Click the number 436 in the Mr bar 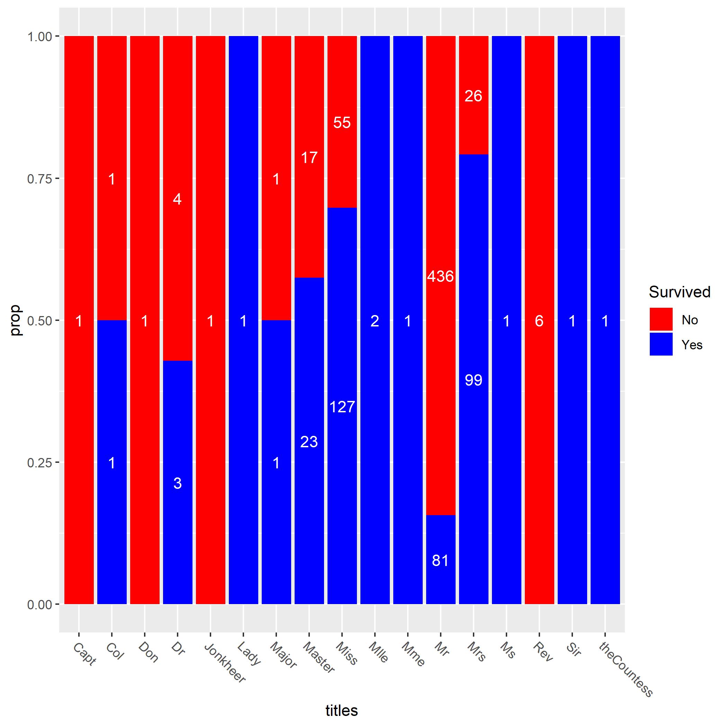(x=440, y=277)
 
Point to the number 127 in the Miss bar (x=342, y=407)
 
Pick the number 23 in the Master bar (x=309, y=442)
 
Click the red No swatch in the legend (x=661, y=319)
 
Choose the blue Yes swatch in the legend (x=661, y=344)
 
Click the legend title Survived (x=679, y=292)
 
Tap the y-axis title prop (x=16, y=321)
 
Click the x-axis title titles (x=341, y=710)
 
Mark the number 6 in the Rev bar (x=539, y=321)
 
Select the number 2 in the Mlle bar (x=375, y=321)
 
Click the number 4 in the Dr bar (x=177, y=199)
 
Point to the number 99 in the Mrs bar (x=473, y=380)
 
